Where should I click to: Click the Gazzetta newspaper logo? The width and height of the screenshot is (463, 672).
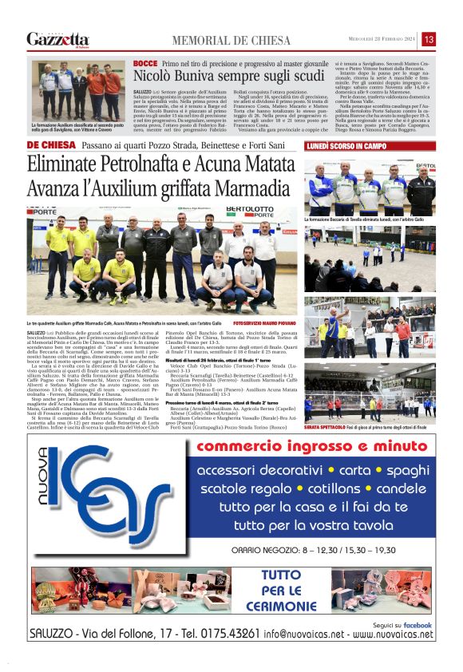tap(57, 39)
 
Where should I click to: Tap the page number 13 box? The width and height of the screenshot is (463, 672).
tap(428, 39)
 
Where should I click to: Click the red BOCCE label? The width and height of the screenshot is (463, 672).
tap(144, 62)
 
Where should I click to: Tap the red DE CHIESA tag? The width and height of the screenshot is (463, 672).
tap(50, 145)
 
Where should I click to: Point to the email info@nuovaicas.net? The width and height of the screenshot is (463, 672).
tap(306, 634)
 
